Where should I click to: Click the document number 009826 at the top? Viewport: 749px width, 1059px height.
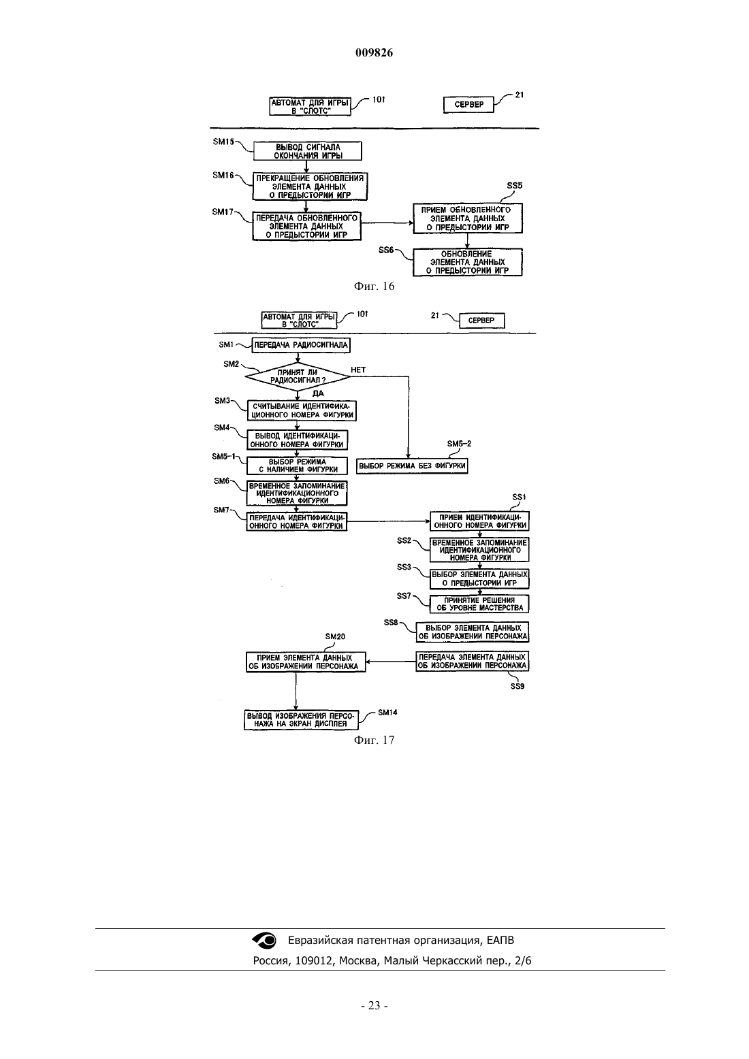[x=374, y=52]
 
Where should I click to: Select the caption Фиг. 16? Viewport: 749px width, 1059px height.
[x=374, y=286]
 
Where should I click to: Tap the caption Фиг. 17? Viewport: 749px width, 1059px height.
[x=374, y=740]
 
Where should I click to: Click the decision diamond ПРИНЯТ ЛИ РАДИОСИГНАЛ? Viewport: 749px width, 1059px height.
[x=298, y=376]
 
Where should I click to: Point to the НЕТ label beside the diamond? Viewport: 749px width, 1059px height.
[x=358, y=370]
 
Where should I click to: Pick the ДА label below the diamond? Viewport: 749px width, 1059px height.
[x=318, y=393]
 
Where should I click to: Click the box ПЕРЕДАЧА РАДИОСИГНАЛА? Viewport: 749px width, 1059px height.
[x=301, y=345]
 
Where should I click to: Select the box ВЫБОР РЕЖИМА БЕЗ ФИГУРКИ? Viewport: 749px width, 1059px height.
[x=412, y=466]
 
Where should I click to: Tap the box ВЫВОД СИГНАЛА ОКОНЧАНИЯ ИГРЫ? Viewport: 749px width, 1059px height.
[x=307, y=151]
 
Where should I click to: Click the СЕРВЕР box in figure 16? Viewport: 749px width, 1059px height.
[x=468, y=105]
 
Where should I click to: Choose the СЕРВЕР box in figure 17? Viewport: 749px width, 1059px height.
[x=481, y=321]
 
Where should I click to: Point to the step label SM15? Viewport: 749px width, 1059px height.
[x=223, y=142]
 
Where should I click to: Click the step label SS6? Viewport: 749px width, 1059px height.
[x=386, y=250]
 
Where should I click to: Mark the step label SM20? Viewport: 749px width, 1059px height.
[x=335, y=636]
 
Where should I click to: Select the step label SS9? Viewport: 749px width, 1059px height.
[x=517, y=686]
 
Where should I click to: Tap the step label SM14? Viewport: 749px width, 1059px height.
[x=387, y=713]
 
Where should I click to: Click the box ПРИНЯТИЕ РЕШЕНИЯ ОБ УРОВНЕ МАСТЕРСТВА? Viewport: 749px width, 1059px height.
[x=479, y=604]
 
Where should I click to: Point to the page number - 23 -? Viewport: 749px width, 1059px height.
[x=374, y=1006]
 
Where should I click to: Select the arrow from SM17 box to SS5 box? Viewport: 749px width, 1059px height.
[x=387, y=223]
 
